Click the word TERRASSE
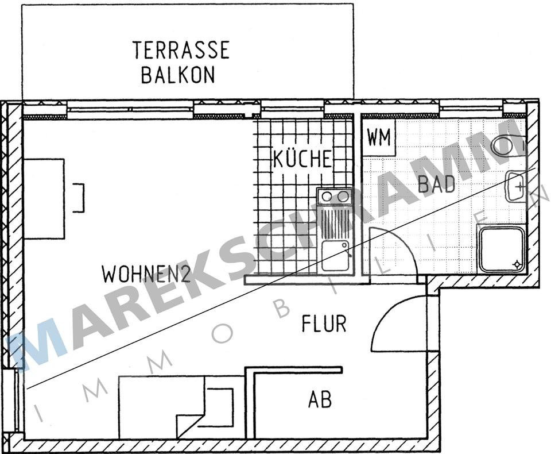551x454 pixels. [x=181, y=50]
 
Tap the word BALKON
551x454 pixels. [x=178, y=75]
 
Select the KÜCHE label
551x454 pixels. [x=302, y=159]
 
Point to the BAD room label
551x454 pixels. [x=437, y=184]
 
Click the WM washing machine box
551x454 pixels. [x=379, y=138]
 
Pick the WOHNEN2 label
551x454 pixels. [x=146, y=274]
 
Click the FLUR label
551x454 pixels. [x=324, y=324]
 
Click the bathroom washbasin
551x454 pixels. [x=515, y=186]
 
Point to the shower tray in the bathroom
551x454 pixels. [x=502, y=249]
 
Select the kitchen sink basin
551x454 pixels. [x=335, y=256]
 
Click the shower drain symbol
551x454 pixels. [x=518, y=264]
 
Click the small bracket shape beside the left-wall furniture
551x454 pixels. [x=80, y=197]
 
